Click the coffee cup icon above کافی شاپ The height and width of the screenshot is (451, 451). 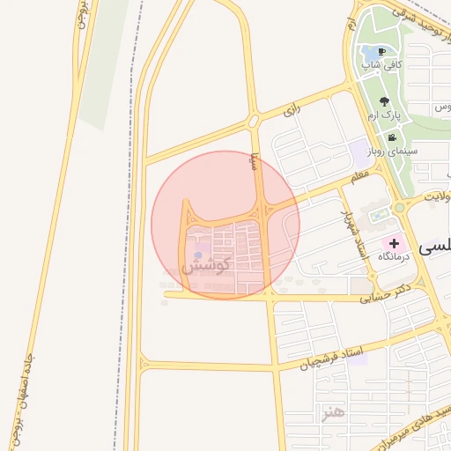pos(381,51)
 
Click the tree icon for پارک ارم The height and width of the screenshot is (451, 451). pos(384,101)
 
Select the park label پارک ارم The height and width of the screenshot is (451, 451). pos(385,115)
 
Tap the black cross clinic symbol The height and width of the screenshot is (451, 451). pos(394,242)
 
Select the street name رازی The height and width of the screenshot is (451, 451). pos(292,111)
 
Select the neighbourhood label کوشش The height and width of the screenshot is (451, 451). pos(205,265)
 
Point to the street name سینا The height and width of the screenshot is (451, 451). pos(255,159)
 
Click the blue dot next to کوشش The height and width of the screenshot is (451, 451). pos(198,255)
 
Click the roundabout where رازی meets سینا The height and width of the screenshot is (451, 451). pos(254,120)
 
